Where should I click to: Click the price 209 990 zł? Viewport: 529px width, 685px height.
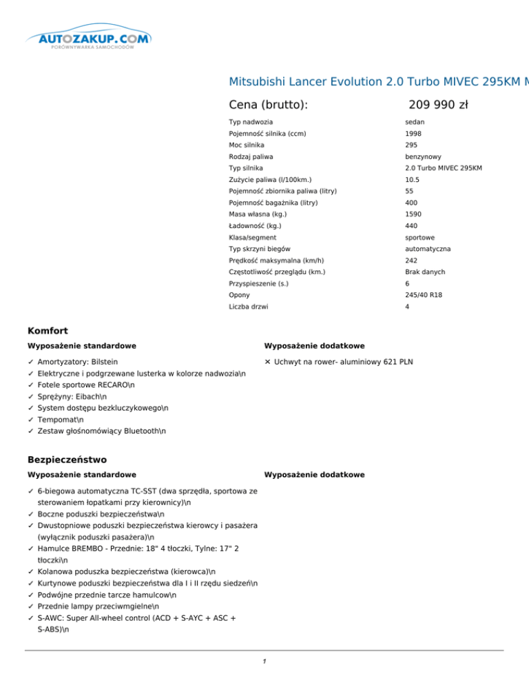(x=438, y=105)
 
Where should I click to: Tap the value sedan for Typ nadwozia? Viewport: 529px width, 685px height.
(x=414, y=122)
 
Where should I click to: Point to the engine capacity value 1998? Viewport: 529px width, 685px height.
(x=413, y=134)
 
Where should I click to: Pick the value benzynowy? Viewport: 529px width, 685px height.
(x=424, y=156)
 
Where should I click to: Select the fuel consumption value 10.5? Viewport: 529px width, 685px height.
(x=413, y=180)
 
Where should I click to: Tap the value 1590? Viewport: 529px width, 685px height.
(x=413, y=214)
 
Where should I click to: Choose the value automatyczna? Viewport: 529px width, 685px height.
(x=428, y=248)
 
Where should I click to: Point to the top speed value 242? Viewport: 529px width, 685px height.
(x=411, y=260)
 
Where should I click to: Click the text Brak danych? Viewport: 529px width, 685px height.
(x=425, y=272)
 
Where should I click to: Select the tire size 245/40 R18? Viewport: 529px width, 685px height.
(x=423, y=294)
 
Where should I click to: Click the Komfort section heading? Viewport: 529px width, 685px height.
(x=48, y=331)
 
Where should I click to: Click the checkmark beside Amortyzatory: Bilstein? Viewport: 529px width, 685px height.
(x=31, y=361)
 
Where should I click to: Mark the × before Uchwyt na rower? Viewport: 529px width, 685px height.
(x=267, y=361)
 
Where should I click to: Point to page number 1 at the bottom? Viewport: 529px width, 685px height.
(x=264, y=662)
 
